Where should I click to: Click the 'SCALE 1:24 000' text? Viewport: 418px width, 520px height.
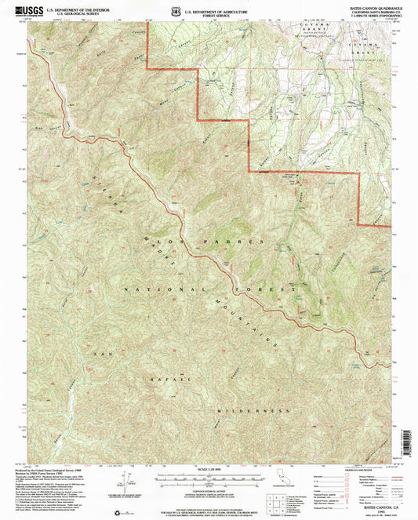(x=209, y=471)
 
